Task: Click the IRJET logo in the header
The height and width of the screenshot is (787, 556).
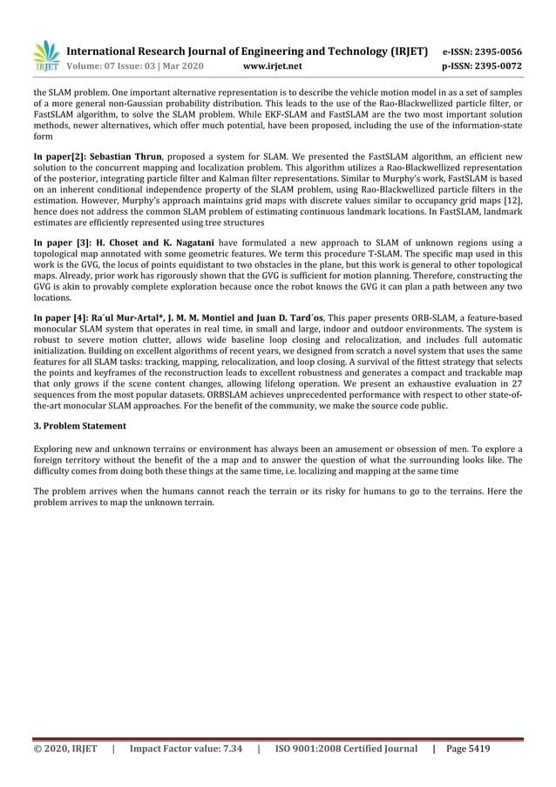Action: pos(45,56)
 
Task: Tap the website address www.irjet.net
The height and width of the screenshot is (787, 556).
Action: pos(275,65)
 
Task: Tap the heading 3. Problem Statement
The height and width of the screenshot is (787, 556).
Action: pos(79,426)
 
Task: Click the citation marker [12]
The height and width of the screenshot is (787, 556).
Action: pos(512,201)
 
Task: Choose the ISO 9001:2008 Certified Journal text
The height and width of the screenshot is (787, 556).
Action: pos(346,749)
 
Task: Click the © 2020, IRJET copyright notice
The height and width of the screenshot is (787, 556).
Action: pos(65,749)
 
